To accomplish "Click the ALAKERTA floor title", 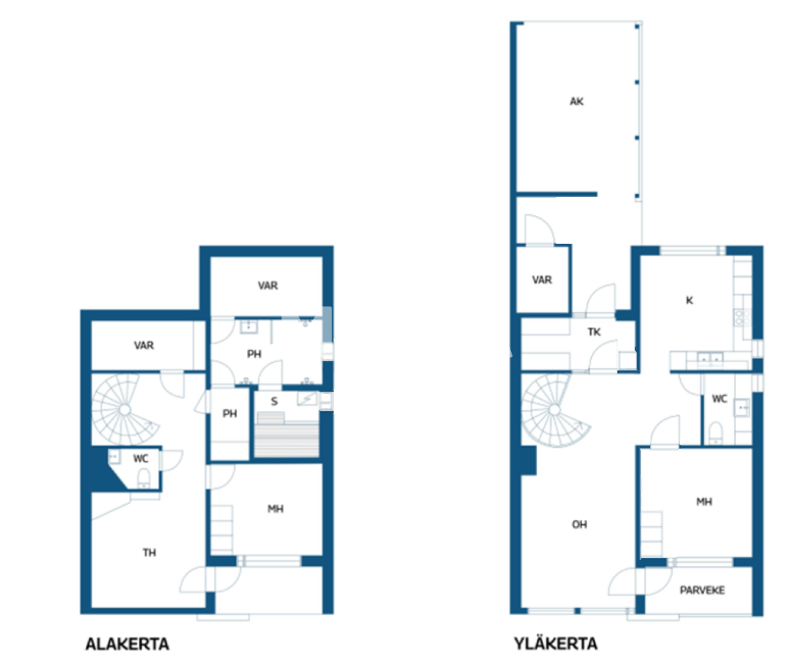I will coord(127,645).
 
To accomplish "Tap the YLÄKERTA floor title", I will coord(555,644).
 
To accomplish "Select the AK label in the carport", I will coord(576,101).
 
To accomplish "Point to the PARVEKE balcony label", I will coord(702,590).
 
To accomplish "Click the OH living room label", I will coord(579,524).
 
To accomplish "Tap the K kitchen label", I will coord(689,300).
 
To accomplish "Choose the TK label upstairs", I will coord(594,332).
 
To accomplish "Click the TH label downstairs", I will coord(149,553).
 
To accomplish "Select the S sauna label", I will coord(274,401).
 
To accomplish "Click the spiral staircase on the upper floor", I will coord(554,410).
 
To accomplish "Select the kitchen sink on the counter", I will coord(709,358).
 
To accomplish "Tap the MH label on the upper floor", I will coord(704,502).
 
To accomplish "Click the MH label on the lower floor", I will coord(275,509).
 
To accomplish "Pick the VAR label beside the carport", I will coord(542,280).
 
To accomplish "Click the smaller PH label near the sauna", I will coord(230,413).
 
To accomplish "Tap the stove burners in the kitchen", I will coord(741,317).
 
